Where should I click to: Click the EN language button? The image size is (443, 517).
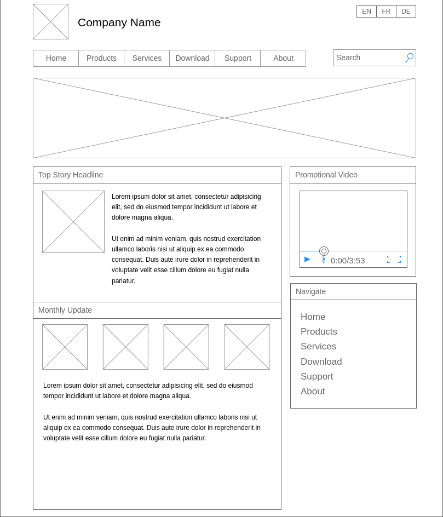(x=366, y=12)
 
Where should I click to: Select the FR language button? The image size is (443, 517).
(x=386, y=12)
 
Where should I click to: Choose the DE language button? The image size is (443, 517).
(x=406, y=12)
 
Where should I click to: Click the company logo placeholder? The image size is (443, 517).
(x=50, y=22)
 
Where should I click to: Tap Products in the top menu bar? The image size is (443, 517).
(x=101, y=58)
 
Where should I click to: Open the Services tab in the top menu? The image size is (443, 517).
(x=147, y=58)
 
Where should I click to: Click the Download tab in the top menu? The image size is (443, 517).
(x=192, y=58)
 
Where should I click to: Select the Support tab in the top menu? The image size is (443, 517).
(x=238, y=58)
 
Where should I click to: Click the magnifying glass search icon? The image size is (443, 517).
(x=410, y=58)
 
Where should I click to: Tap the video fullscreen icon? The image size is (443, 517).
(x=394, y=260)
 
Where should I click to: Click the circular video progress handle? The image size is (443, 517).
(x=324, y=251)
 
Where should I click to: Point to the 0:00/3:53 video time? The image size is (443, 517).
(x=348, y=261)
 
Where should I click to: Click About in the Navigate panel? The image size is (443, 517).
(x=313, y=391)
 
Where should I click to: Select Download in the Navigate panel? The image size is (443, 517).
(x=321, y=361)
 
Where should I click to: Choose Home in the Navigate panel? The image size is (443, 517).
(x=313, y=317)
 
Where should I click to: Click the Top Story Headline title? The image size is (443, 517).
(x=71, y=175)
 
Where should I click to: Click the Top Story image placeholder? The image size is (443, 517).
(x=73, y=222)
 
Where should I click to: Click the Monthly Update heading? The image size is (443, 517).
(x=65, y=310)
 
